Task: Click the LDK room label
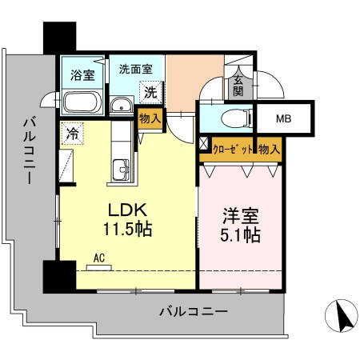coord(126,210)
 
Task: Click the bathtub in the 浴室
coord(80,102)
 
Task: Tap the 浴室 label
coord(81,76)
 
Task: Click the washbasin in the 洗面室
coord(122,105)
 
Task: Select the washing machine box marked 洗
coord(150,92)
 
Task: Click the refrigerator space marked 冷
coord(73,133)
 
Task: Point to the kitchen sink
coord(122,169)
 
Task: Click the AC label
coord(100,258)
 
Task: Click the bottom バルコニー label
coord(194,310)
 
